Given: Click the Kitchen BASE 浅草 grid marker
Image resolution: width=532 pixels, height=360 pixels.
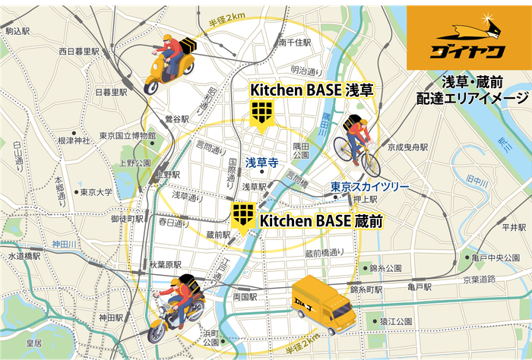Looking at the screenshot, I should click(x=261, y=113).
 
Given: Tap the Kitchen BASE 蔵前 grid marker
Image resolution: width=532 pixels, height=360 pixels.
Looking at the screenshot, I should click(x=242, y=214).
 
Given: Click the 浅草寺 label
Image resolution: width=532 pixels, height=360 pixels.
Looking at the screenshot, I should click(x=261, y=162).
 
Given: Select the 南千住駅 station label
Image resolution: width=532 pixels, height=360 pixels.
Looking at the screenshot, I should click(x=294, y=43).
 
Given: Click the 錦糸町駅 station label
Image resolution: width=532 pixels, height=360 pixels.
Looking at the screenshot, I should click(x=370, y=289).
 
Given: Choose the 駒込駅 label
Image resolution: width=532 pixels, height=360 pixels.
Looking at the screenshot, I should click(x=17, y=32).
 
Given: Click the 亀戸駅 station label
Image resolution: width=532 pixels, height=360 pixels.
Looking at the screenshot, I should click(x=419, y=288).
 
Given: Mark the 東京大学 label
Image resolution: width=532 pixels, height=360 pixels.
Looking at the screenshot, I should click(x=96, y=192).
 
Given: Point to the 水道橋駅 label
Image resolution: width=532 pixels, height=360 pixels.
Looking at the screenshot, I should click(x=25, y=257).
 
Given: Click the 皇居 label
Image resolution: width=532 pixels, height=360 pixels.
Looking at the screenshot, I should click(x=34, y=343).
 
